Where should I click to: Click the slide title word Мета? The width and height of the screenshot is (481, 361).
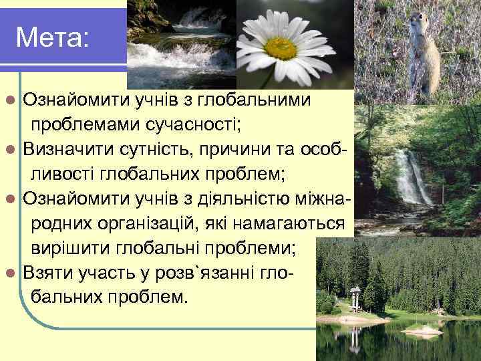coord(51,37)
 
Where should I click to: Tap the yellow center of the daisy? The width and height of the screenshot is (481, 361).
coord(281,47)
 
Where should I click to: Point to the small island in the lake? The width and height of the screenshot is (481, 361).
coord(422,330)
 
